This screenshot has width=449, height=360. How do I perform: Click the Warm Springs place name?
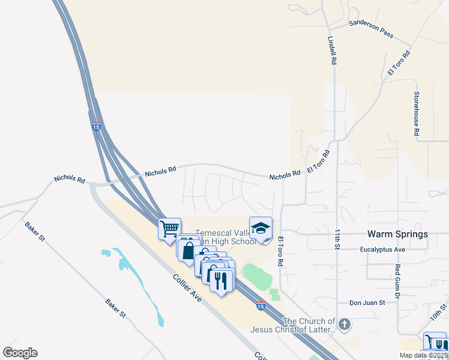397,234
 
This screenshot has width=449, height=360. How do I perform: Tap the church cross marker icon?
344,325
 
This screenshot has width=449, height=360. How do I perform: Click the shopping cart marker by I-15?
170,228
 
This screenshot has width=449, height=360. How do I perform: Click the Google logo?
20,353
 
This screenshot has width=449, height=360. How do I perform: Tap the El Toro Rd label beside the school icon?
280,251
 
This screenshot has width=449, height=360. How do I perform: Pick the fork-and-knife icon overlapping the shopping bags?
221,280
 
